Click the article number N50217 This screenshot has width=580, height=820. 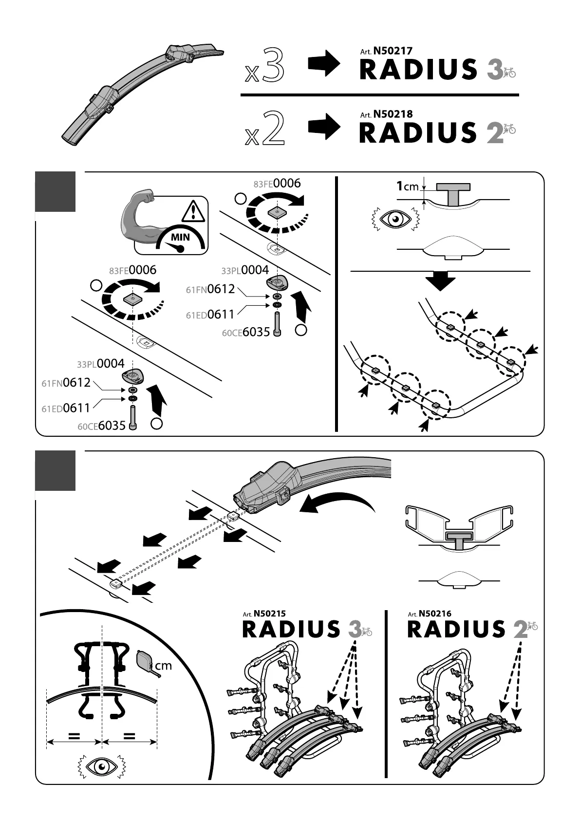[393, 51]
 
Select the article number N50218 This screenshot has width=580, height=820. [393, 114]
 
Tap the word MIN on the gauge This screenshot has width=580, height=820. [180, 238]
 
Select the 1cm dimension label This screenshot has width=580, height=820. [407, 186]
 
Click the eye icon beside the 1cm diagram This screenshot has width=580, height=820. [394, 220]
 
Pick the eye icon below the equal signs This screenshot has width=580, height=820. [102, 768]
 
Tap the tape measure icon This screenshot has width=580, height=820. [147, 662]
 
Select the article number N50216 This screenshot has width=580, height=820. [435, 614]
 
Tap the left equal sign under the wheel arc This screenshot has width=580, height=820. [74, 736]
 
